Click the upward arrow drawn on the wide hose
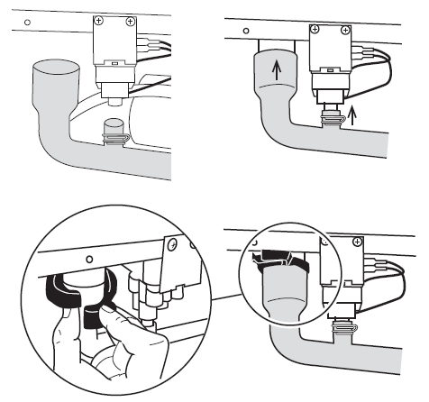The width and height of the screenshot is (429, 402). [x=278, y=68]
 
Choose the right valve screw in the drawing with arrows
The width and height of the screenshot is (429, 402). [x=348, y=30]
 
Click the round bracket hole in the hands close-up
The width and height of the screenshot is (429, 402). [x=89, y=260]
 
